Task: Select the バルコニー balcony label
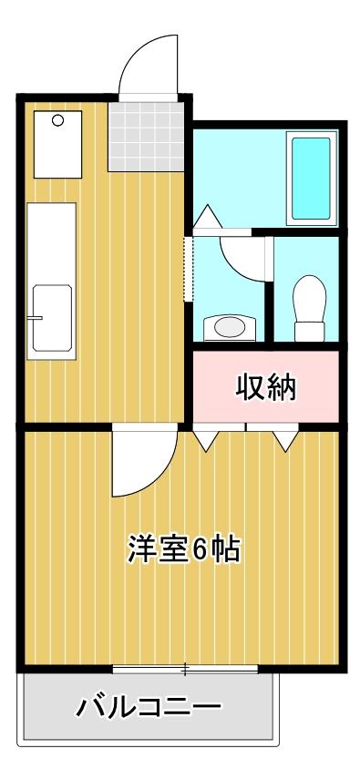click(x=148, y=706)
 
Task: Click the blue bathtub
click(x=312, y=178)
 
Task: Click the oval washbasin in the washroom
click(x=229, y=326)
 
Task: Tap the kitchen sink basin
click(x=51, y=317)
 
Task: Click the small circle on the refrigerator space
click(x=58, y=120)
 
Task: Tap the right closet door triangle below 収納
click(x=286, y=440)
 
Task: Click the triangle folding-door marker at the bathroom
click(x=206, y=216)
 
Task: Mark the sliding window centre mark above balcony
click(x=185, y=670)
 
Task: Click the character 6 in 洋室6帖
click(x=201, y=549)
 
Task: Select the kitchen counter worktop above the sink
click(x=51, y=241)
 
